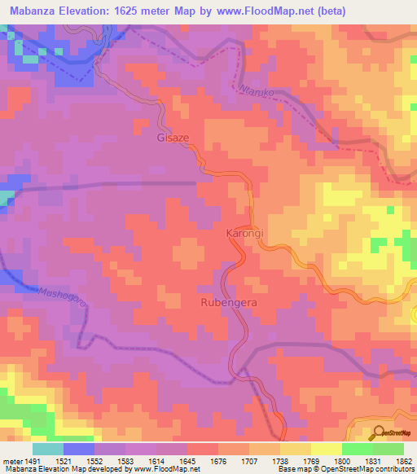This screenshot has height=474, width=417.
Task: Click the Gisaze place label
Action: [x=173, y=138]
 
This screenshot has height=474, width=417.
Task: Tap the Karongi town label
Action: [x=242, y=234]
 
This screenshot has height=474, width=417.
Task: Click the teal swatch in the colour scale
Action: [x=48, y=449]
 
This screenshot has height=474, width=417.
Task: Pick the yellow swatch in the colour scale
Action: [x=326, y=449]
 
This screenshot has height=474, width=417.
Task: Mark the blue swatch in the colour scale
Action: [x=79, y=449]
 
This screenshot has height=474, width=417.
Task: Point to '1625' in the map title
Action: [x=143, y=11]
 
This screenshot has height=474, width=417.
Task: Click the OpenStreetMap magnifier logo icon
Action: [x=378, y=434]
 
